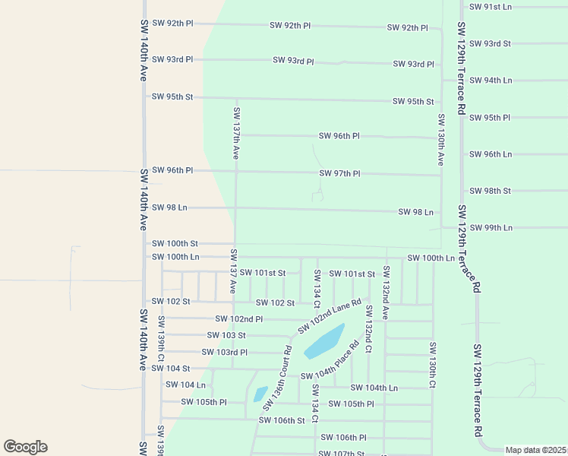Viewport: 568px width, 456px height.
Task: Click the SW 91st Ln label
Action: (x=491, y=7)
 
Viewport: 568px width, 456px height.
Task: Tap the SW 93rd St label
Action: (x=491, y=43)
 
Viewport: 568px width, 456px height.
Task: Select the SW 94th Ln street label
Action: (x=491, y=81)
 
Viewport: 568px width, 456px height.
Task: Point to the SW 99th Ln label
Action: (x=491, y=228)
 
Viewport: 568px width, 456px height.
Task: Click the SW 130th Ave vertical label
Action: (x=440, y=140)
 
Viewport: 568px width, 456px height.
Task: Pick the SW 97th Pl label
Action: (x=339, y=174)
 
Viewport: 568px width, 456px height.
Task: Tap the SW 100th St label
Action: (x=175, y=244)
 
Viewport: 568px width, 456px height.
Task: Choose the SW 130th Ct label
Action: (x=432, y=366)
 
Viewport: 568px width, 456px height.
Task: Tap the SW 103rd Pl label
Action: (x=224, y=353)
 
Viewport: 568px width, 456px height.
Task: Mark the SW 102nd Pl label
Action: (x=238, y=319)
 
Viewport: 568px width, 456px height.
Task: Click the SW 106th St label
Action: (x=281, y=420)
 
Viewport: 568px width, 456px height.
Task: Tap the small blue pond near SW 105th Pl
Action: (x=260, y=394)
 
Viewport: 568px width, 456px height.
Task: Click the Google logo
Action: (x=25, y=447)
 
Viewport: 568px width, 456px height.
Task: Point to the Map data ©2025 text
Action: (x=535, y=450)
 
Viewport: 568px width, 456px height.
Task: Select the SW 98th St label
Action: (x=491, y=191)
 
